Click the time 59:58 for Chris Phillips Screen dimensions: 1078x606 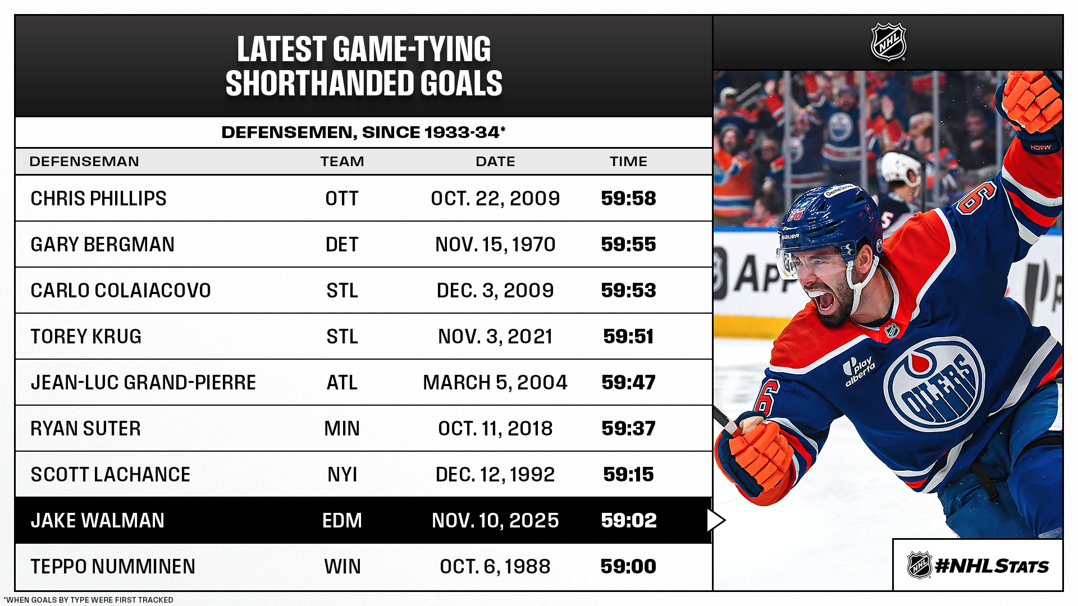tap(628, 199)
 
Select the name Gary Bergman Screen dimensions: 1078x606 tap(103, 245)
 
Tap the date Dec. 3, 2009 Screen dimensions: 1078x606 tap(495, 291)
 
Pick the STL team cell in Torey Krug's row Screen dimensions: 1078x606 tap(342, 337)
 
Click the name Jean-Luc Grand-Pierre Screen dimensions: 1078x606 tap(143, 383)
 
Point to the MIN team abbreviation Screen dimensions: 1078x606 tap(342, 429)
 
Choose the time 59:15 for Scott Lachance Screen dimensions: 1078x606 tap(628, 475)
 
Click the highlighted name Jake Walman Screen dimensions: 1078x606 tap(98, 521)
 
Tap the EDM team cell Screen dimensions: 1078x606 tap(342, 521)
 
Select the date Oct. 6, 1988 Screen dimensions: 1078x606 tap(495, 567)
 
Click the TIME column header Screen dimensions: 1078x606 tap(628, 162)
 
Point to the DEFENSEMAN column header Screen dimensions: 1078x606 tap(84, 162)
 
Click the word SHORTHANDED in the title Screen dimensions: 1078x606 tap(319, 83)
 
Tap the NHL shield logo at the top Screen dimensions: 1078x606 tap(888, 42)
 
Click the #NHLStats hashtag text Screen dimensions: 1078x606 tap(992, 566)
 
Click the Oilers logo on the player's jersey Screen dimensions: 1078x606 tap(934, 384)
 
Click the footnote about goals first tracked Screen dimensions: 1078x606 tap(88, 600)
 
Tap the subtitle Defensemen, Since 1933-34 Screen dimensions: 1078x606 tap(363, 132)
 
